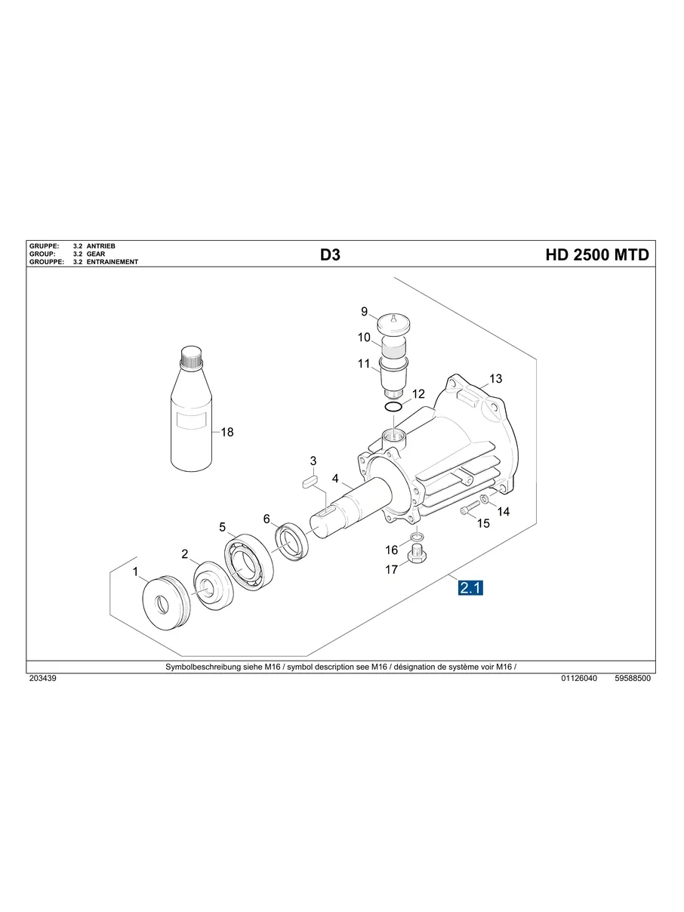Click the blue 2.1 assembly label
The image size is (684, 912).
point(470,588)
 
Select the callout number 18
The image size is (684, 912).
point(226,433)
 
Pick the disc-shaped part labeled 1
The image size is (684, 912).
point(164,602)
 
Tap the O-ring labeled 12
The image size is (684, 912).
point(393,408)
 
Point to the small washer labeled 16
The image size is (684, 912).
point(417,538)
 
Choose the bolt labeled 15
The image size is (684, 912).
point(468,509)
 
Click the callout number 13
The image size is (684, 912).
point(495,378)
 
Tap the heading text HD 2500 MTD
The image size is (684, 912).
point(596,255)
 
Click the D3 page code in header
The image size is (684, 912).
point(330,255)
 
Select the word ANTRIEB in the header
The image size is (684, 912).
point(101,246)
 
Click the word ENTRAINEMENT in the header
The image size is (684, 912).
point(112,262)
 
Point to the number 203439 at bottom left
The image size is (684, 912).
point(43,679)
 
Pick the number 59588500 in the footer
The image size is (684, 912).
point(633,679)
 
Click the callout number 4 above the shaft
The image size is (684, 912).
point(334,479)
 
